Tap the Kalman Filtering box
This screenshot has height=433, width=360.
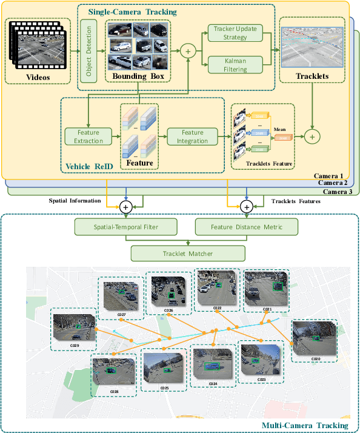tap(235, 65)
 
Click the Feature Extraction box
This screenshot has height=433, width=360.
tap(89, 136)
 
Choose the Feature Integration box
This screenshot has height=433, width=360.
tap(193, 136)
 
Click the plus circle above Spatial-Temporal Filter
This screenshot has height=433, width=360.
tap(126, 207)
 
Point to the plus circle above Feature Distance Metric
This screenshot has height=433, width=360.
tap(246, 207)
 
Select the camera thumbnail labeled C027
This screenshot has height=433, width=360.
tap(121, 295)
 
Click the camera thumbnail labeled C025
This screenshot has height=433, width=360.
tap(165, 368)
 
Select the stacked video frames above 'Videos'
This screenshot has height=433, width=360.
tap(38, 45)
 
